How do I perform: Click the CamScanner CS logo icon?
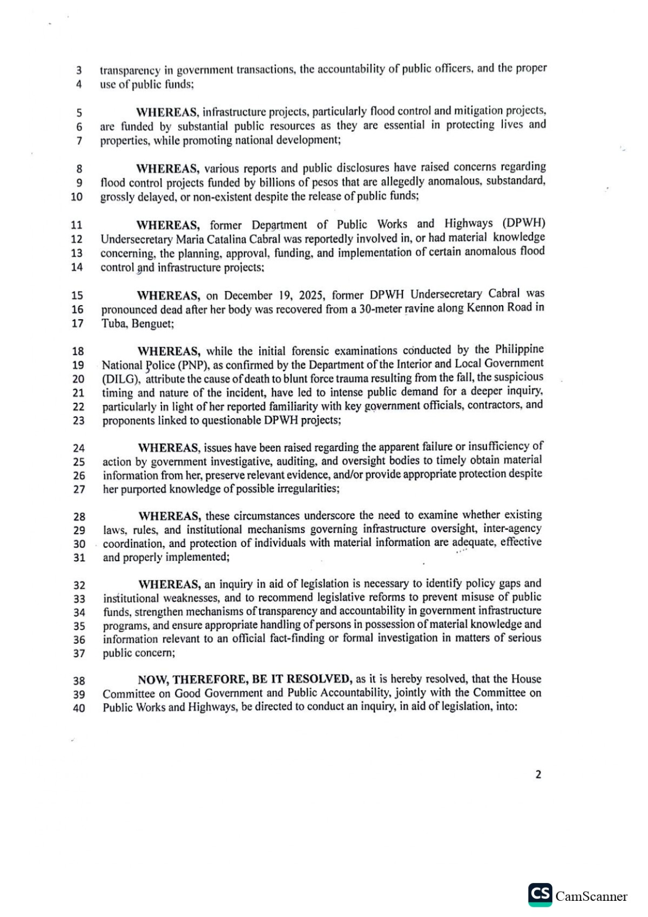tap(540, 895)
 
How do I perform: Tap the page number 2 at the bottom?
tap(538, 774)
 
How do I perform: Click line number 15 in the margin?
tap(77, 295)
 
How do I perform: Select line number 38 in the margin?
tap(79, 680)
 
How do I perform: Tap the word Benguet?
tap(153, 324)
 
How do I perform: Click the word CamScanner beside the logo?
tap(591, 896)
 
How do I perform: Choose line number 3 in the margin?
tap(79, 70)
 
